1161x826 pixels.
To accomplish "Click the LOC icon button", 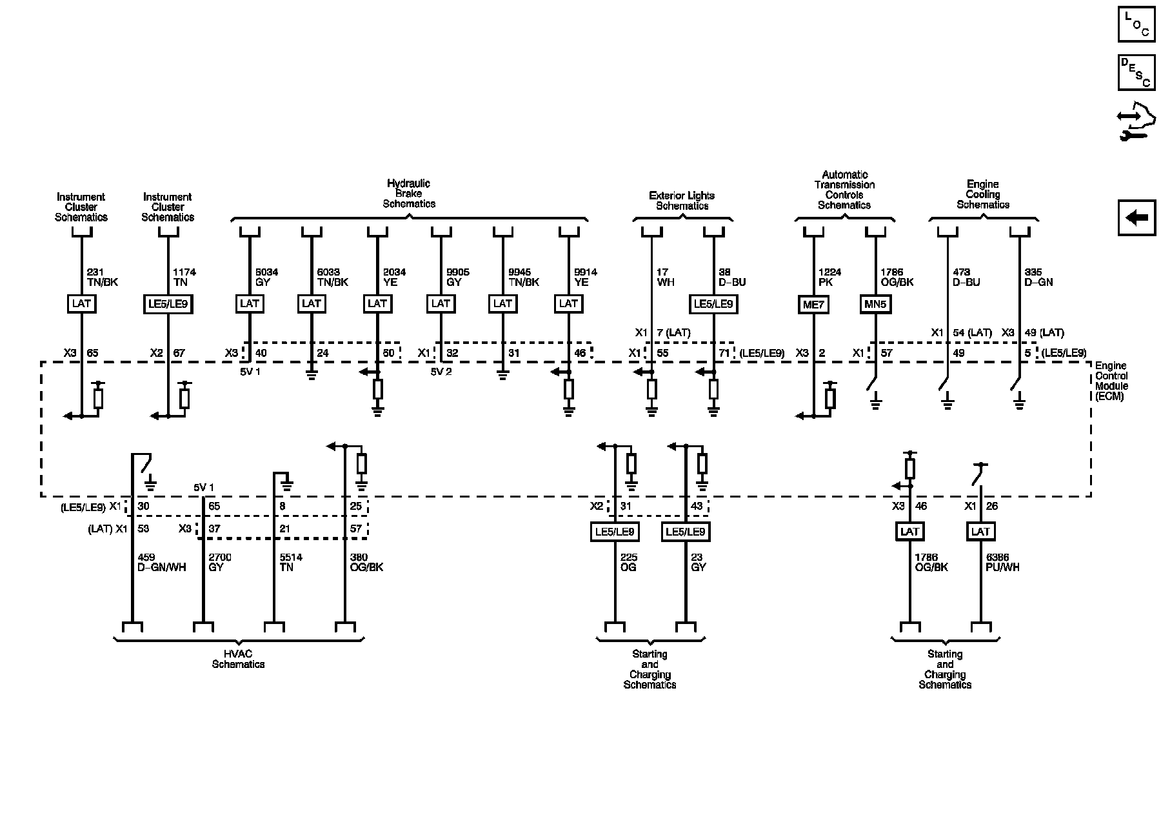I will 1136,24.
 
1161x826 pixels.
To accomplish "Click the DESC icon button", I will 1136,72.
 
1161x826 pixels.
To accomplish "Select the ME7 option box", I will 813,304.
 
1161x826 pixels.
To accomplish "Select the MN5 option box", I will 875,304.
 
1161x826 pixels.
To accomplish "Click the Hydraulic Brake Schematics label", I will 409,194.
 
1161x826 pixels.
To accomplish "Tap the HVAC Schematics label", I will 238,659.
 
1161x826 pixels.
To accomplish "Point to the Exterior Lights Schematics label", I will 682,201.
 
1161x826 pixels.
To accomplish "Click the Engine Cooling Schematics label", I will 982,194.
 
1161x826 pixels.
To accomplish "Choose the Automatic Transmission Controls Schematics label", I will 844,190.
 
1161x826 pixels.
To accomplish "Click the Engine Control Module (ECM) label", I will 1111,381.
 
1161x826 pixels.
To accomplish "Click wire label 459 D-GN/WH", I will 162,562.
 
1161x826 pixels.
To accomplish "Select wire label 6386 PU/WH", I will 1002,562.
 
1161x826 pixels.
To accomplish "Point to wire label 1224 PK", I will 829,277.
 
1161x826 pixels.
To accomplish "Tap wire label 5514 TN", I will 292,562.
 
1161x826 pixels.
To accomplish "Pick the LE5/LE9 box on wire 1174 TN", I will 168,304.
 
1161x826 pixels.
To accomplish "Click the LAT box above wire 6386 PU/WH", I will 980,532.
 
